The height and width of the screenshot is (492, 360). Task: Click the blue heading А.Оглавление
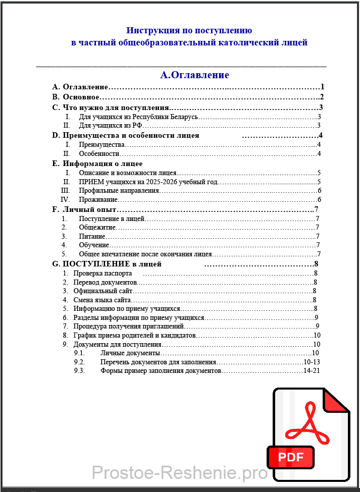(x=194, y=75)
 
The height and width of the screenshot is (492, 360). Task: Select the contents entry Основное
(x=81, y=97)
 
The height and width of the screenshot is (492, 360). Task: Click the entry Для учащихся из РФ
(x=111, y=126)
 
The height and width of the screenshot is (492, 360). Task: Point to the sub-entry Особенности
(x=99, y=153)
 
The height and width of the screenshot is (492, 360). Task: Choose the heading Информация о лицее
(x=102, y=163)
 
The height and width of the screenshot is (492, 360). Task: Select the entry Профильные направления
(x=119, y=191)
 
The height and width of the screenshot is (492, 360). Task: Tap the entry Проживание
(x=98, y=200)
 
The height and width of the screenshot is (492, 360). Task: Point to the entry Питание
(x=92, y=236)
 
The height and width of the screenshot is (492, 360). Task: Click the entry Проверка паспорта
(x=102, y=274)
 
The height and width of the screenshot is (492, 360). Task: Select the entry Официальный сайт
(x=102, y=291)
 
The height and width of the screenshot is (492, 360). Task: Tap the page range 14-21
(x=312, y=371)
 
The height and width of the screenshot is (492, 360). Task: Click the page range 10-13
(x=312, y=362)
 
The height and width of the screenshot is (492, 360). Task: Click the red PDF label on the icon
(x=291, y=457)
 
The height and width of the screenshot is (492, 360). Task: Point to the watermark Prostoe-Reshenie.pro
(x=180, y=473)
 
